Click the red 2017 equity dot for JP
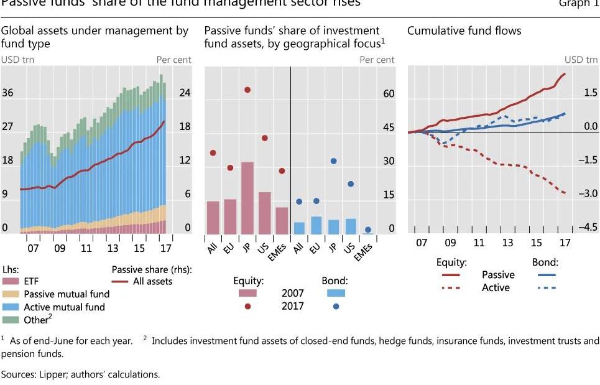point(247,90)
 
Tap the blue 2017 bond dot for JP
point(334,160)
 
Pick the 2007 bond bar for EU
point(316,225)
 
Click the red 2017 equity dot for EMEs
point(282,170)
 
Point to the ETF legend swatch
point(11,281)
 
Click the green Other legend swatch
point(11,320)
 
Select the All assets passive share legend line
point(152,281)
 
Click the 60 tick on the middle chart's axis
point(389,94)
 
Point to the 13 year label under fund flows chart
point(507,242)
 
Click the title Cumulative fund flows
point(464,30)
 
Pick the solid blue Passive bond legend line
point(545,274)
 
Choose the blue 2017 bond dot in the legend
point(336,306)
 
